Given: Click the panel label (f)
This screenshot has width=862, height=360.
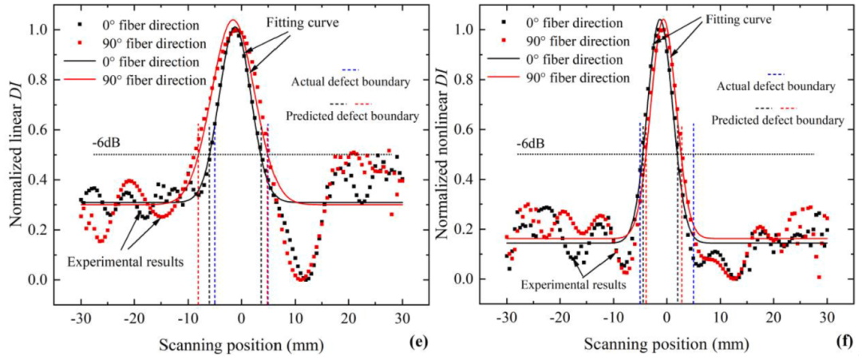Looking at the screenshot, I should (843, 342).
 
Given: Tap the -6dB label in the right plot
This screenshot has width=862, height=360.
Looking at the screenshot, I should (532, 143).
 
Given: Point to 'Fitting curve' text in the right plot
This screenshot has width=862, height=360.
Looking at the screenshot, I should (739, 20).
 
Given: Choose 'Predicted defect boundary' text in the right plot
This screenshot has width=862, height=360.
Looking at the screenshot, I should (777, 120).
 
